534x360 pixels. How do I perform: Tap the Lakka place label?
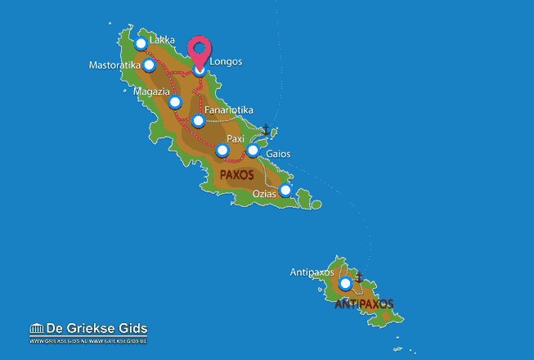pos(162,38)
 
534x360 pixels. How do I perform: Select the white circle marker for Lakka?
pos(141,43)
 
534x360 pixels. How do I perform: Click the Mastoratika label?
pos(115,65)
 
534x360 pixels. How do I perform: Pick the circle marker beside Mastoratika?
pos(149,65)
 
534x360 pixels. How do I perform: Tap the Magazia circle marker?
pos(174,102)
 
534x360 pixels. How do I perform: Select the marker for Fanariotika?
pos(197,121)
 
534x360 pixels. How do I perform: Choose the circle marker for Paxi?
pos(222,151)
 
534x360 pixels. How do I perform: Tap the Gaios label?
pos(278,154)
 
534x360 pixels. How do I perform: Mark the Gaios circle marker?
pos(253,151)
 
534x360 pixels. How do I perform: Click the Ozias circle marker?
pos(285,191)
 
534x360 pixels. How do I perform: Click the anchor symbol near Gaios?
pos(265,129)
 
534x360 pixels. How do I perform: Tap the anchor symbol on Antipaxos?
pos(359,277)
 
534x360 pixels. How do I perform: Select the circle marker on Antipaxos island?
pos(345,283)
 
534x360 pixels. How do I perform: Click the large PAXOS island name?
pos(237,174)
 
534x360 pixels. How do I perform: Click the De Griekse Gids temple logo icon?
pos(38,329)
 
